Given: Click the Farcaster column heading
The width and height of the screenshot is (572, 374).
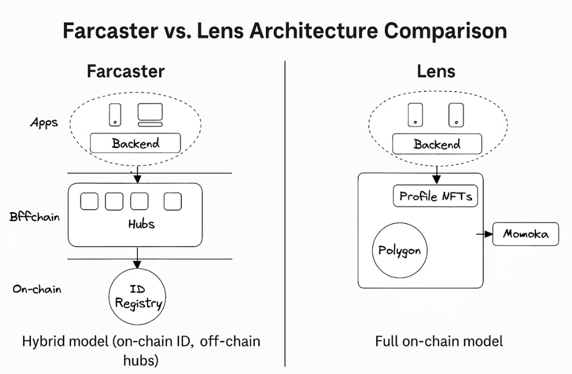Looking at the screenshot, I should point(125,71).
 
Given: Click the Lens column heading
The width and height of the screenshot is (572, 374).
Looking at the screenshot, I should point(436,71).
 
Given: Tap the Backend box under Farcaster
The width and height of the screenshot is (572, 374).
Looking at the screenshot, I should point(135,143).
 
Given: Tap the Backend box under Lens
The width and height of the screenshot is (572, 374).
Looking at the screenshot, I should point(437,144).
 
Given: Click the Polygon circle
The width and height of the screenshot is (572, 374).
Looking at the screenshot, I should point(399,250).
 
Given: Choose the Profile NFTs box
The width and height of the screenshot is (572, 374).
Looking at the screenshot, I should point(435,196).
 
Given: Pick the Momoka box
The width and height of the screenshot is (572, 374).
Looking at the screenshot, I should point(526,234).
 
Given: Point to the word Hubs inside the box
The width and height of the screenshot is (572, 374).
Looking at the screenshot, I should point(141,224).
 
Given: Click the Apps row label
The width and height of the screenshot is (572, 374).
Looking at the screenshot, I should point(44,123).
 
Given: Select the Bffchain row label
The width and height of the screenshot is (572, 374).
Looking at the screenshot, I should point(34,216).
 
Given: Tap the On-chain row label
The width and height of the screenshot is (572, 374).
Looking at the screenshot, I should point(37,288).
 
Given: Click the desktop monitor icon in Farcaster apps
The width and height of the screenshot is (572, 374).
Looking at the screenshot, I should point(150,115).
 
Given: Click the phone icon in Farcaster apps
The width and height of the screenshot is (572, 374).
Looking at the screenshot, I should point(115,115).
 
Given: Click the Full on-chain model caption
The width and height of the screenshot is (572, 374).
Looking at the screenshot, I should point(439,342).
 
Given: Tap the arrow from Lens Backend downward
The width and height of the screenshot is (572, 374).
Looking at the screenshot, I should point(437,164).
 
